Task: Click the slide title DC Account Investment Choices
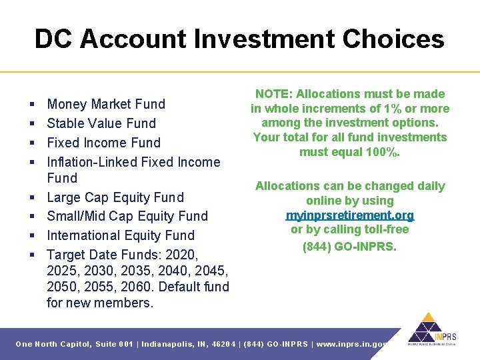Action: click(x=239, y=39)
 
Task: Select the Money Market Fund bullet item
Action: click(x=105, y=104)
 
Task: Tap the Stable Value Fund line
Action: click(x=101, y=123)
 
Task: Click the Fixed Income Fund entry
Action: click(x=103, y=143)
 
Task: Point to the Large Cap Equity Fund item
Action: click(x=115, y=197)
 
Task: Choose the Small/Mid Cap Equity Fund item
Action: click(x=127, y=216)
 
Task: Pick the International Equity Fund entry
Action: click(x=120, y=235)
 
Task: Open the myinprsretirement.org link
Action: click(x=349, y=215)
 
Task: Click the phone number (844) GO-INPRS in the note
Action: click(x=349, y=246)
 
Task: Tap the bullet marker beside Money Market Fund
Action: click(x=33, y=105)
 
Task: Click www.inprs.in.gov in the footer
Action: click(x=353, y=344)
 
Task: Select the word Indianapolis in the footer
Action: click(x=171, y=344)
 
